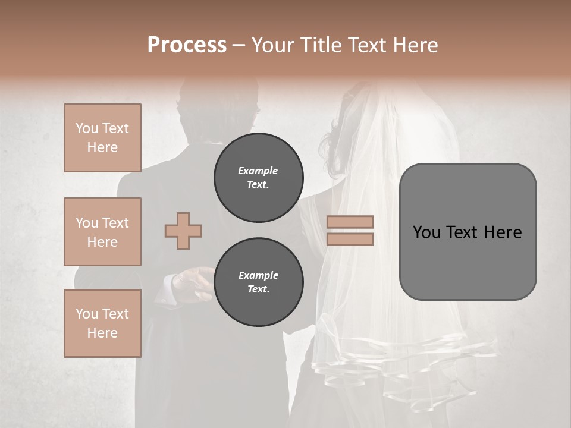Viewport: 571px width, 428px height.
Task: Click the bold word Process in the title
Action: pyautogui.click(x=187, y=45)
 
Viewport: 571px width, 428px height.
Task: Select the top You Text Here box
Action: pyautogui.click(x=102, y=138)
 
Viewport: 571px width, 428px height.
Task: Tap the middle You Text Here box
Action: pyautogui.click(x=102, y=232)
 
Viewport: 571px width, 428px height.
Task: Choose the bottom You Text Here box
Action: pyautogui.click(x=102, y=323)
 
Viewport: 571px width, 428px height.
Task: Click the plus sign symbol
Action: pyautogui.click(x=183, y=231)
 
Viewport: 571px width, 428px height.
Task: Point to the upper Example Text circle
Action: pyautogui.click(x=259, y=178)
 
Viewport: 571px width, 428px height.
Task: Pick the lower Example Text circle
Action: pyautogui.click(x=259, y=282)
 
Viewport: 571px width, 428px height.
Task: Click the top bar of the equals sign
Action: pyautogui.click(x=350, y=222)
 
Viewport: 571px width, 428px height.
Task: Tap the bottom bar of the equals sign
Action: pyautogui.click(x=350, y=239)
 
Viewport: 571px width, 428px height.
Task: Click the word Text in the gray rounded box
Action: pyautogui.click(x=468, y=232)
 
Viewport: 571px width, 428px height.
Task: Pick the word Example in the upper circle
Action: pyautogui.click(x=258, y=171)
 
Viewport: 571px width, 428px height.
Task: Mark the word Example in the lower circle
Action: pyautogui.click(x=258, y=275)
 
